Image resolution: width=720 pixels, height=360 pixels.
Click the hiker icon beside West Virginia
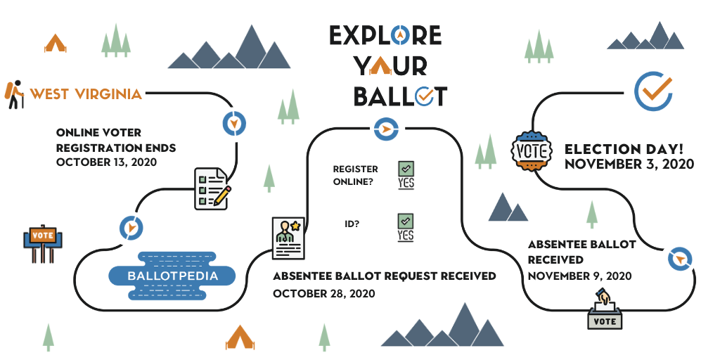coord(14,95)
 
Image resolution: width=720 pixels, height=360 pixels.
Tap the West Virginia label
coord(86,94)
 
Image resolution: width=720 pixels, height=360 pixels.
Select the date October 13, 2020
coord(107,162)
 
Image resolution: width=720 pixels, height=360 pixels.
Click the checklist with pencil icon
coord(212,188)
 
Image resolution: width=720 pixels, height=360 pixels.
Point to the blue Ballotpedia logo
coord(172,276)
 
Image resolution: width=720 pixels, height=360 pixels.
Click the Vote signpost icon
coord(43,243)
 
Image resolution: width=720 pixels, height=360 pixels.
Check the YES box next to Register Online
coord(406,175)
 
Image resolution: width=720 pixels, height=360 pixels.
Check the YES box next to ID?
coord(406,228)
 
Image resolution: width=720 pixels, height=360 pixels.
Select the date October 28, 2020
coord(323,293)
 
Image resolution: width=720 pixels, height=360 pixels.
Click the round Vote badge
coord(532,150)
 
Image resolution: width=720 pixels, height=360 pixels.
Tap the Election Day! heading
coord(624,149)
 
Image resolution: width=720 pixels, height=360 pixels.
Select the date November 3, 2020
coord(629,164)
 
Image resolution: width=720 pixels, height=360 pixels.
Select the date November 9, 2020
coord(579,276)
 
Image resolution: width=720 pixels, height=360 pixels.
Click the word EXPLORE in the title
coord(385,35)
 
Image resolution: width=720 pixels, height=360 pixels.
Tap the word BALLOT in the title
coord(400,96)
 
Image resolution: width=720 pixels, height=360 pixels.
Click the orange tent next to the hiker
coord(55,43)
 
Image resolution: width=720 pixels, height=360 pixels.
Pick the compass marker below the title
coord(386,129)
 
